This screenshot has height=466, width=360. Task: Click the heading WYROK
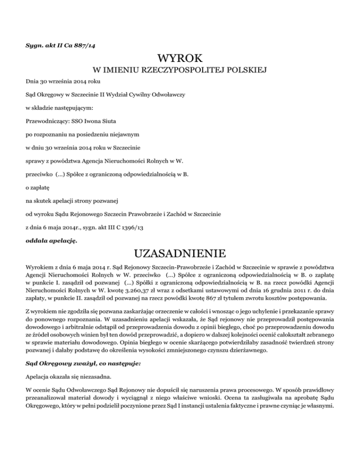pos(180,59)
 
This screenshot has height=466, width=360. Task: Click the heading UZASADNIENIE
pos(180,255)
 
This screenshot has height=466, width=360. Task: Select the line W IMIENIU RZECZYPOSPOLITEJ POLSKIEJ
pos(180,71)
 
